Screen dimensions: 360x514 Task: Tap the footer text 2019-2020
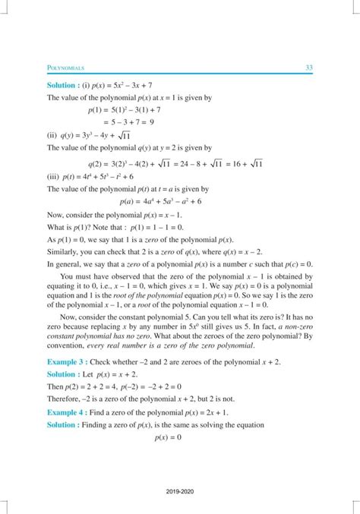pos(180,493)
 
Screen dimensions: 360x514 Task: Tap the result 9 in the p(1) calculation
pos(153,120)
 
